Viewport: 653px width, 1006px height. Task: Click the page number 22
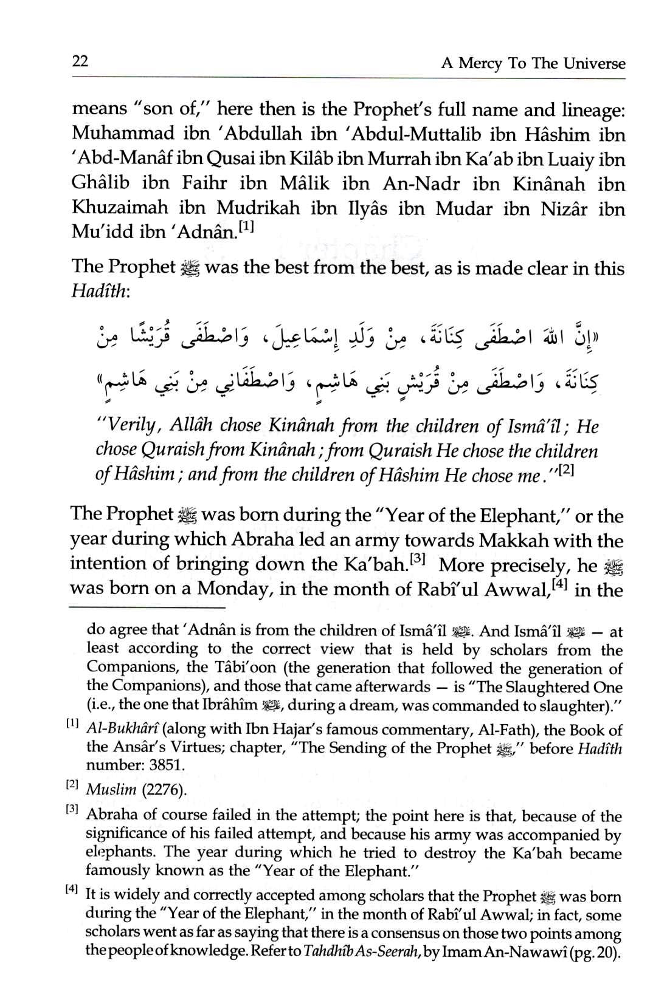[80, 61]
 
